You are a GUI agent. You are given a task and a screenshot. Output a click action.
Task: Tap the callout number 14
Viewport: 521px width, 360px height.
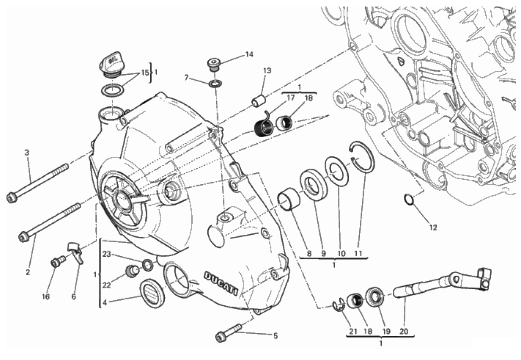249,55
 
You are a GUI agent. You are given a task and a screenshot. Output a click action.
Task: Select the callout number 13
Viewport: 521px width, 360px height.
267,70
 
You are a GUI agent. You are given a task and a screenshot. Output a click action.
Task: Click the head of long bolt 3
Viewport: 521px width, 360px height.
12,198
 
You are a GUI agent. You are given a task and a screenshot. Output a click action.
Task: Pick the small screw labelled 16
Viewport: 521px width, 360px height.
56,263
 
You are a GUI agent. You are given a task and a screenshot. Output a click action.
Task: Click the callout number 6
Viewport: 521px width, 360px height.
73,297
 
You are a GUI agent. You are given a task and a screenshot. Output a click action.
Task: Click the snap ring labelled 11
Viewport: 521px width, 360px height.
362,158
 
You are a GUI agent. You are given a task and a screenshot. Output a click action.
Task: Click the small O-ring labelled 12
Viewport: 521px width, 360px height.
409,200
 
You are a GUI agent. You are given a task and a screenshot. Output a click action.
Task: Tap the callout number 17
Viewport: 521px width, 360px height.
290,98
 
